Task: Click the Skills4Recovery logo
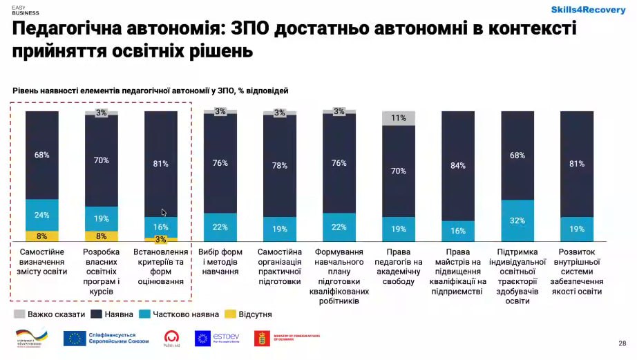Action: (588, 10)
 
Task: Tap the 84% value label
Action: (458, 166)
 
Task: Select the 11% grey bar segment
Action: (399, 118)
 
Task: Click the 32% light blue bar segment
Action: (517, 220)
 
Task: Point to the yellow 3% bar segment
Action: (161, 239)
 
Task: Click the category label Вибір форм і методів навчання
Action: (220, 262)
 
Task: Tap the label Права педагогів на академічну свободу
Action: (399, 267)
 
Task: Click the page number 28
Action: (622, 343)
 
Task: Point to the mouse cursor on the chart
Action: (164, 213)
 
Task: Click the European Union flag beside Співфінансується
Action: (74, 338)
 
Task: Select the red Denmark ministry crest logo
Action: (263, 338)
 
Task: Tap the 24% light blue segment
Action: (42, 215)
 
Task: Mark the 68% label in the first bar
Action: (42, 155)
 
